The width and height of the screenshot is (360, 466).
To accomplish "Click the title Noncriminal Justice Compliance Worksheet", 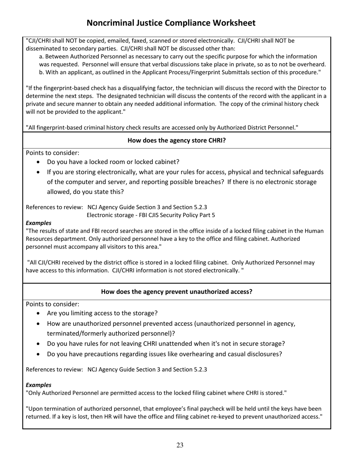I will click(x=171, y=23).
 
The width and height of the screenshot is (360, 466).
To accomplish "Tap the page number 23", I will click(x=180, y=445).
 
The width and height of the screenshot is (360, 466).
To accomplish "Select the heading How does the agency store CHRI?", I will click(x=177, y=140).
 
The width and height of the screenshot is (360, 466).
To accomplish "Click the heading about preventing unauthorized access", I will click(x=177, y=292).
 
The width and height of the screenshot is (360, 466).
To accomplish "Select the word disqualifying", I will click(x=114, y=88).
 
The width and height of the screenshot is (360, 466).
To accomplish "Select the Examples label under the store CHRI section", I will click(x=38, y=223).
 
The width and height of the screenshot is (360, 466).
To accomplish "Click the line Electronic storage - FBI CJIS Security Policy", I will click(x=151, y=215).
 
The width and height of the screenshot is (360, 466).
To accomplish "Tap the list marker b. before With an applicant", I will click(x=42, y=72).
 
